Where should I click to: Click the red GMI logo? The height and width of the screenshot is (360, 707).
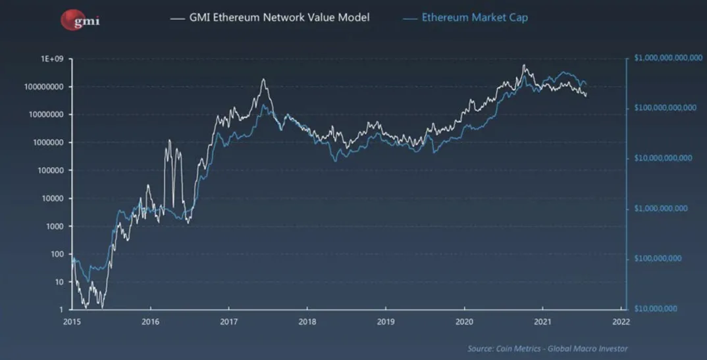click(80, 20)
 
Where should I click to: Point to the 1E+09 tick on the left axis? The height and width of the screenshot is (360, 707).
click(51, 59)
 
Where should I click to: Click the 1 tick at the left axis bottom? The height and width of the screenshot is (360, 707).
click(61, 309)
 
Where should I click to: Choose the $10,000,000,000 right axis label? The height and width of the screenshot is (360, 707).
click(662, 158)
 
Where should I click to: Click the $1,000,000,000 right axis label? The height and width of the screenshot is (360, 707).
click(660, 209)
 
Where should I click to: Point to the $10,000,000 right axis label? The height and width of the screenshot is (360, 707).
click(656, 309)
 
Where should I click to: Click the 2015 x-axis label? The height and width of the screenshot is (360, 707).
click(72, 322)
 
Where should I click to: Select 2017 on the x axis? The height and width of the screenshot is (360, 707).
click(229, 322)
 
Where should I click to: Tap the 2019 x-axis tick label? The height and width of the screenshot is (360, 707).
click(386, 322)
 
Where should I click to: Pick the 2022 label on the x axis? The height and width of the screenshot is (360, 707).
click(621, 322)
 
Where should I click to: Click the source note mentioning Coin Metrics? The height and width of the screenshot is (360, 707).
click(548, 348)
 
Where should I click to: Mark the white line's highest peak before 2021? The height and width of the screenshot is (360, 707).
click(523, 65)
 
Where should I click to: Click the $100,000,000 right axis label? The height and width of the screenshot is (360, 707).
click(658, 259)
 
